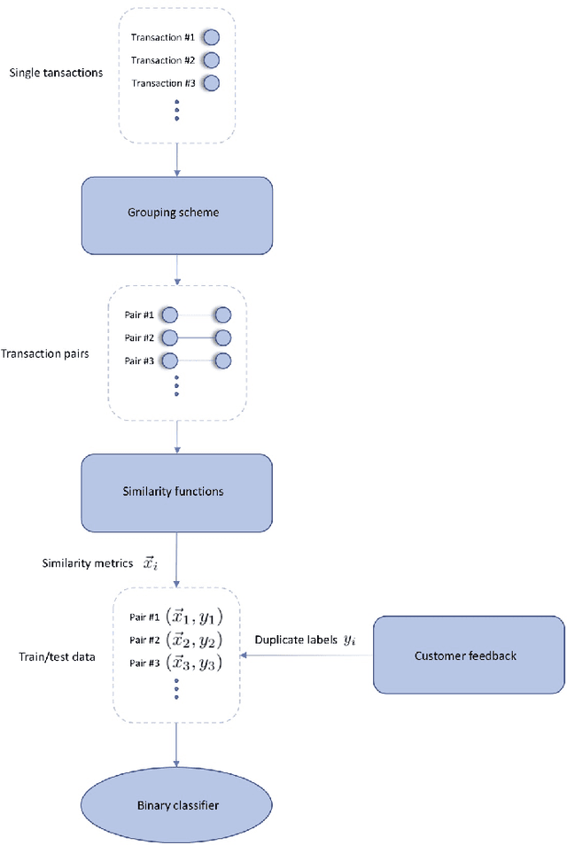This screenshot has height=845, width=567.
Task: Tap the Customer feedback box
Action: point(469,655)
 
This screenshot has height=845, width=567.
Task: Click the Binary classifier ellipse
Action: point(177,805)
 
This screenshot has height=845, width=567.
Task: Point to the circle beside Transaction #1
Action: point(211,37)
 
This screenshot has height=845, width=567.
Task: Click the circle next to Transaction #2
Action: point(211,60)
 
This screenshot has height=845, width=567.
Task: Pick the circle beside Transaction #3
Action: point(211,83)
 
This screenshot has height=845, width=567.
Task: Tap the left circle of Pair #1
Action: point(170,314)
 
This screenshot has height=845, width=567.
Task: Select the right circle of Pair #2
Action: point(222,337)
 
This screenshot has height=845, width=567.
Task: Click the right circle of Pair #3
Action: point(222,360)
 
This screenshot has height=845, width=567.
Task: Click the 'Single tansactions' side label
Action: point(56,73)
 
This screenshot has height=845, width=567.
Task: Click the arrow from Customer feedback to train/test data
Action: point(307,656)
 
